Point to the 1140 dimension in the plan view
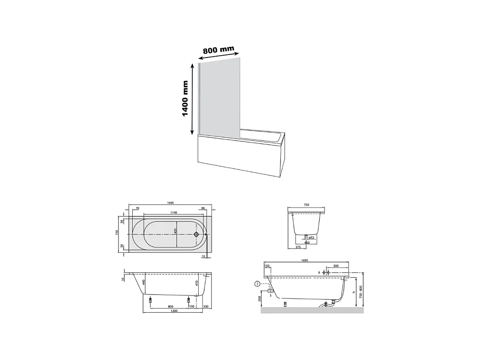[169, 212]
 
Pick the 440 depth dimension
[144, 282]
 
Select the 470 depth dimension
[196, 282]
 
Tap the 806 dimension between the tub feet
[170, 307]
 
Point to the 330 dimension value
[206, 307]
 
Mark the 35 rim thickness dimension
[123, 279]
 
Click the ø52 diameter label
[312, 238]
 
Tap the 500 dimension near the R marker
[336, 266]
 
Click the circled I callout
[257, 283]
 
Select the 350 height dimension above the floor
[259, 299]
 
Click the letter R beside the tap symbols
[319, 272]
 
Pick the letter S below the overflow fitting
[270, 295]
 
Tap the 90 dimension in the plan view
[203, 208]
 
